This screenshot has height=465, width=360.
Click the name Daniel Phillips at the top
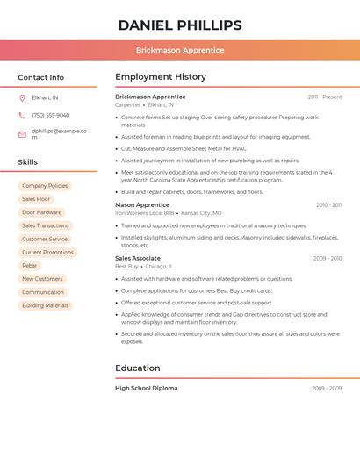tap(180, 25)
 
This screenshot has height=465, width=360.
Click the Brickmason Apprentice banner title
tap(180, 50)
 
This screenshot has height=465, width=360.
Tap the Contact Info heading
tap(41, 77)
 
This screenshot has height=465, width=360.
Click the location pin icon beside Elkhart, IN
tap(22, 97)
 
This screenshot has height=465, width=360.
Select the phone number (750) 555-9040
tap(51, 115)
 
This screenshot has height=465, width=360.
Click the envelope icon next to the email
tap(22, 134)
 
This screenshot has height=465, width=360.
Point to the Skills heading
tap(28, 162)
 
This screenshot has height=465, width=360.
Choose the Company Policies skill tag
tap(45, 186)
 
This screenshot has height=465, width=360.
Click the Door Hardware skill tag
tap(42, 212)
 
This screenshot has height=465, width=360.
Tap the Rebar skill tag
tap(30, 266)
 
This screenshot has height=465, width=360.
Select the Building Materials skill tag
tap(45, 305)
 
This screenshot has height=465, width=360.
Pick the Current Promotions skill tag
tap(47, 253)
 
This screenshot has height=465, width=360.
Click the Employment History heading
tap(161, 77)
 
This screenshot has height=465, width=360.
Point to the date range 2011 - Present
tap(325, 97)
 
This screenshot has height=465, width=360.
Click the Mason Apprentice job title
tap(142, 204)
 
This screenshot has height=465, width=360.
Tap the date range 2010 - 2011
tap(329, 205)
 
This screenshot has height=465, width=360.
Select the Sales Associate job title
tap(138, 258)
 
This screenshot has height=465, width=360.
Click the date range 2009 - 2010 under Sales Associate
tap(328, 259)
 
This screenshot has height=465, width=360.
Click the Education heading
tap(138, 368)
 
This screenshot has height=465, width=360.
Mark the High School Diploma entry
tap(147, 388)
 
